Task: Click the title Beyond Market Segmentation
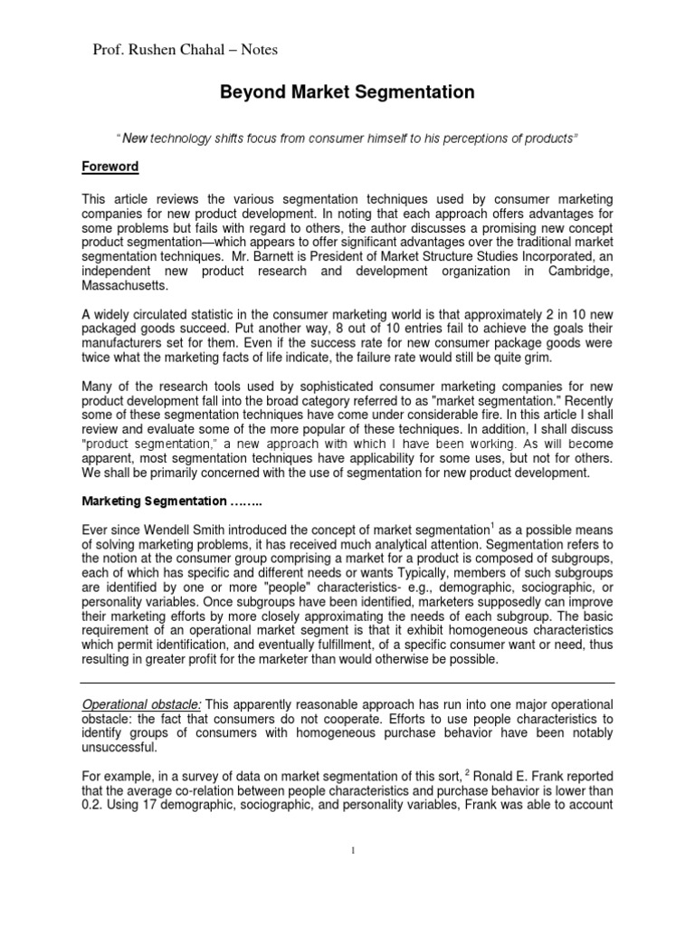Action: click(347, 92)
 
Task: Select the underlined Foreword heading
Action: click(110, 167)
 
